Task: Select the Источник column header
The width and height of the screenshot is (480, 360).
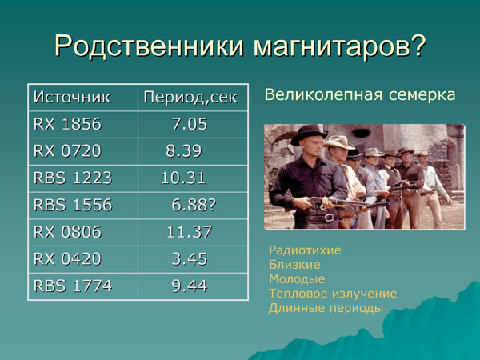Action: click(x=72, y=98)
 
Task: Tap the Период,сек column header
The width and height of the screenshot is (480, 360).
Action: click(x=190, y=98)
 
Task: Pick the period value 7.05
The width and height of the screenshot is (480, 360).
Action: click(x=189, y=125)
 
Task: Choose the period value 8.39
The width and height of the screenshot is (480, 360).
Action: click(x=183, y=151)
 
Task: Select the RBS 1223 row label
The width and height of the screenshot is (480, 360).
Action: click(x=72, y=178)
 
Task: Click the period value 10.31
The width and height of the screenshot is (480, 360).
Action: click(x=183, y=178)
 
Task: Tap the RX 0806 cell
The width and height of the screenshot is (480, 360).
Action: click(x=67, y=232)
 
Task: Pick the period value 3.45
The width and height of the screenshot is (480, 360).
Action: click(x=190, y=258)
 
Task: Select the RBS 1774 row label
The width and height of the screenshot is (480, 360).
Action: click(x=72, y=286)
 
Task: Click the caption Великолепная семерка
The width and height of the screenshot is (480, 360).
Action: click(x=359, y=96)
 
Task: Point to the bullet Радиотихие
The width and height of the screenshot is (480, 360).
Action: click(x=305, y=250)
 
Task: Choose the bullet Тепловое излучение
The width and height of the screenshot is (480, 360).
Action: click(x=333, y=294)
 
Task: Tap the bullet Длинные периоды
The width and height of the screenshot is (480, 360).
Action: click(x=326, y=308)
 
